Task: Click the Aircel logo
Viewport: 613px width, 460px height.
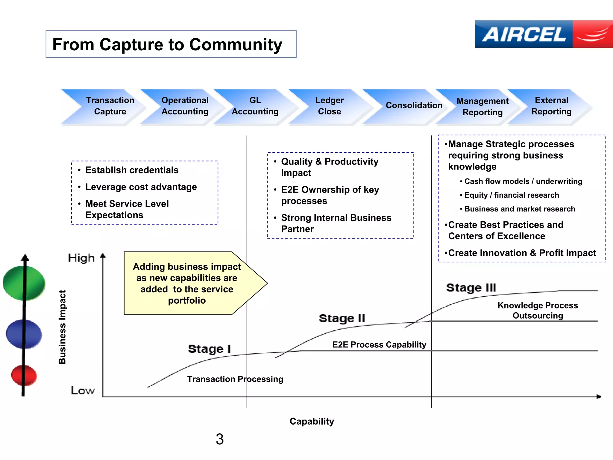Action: point(543,34)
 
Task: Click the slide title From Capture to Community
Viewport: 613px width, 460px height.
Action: point(167,44)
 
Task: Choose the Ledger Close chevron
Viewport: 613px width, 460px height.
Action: point(329,106)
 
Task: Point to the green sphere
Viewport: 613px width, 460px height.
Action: point(24,283)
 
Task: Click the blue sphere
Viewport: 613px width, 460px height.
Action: point(24,334)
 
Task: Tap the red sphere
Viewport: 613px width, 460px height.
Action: point(24,375)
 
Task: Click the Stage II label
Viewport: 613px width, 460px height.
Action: point(342,318)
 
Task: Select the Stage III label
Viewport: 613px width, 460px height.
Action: point(471,287)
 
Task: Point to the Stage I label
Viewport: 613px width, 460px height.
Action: point(209,349)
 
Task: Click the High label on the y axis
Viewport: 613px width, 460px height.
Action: point(81,258)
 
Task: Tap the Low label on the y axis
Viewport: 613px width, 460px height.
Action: point(83,391)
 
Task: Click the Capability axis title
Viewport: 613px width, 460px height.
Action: point(312,421)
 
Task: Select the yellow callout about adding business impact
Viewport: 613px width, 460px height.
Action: point(187,283)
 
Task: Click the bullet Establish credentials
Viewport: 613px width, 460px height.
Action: point(132,170)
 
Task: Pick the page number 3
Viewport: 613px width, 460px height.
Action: point(220,439)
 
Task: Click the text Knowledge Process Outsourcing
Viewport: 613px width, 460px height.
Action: point(538,310)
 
